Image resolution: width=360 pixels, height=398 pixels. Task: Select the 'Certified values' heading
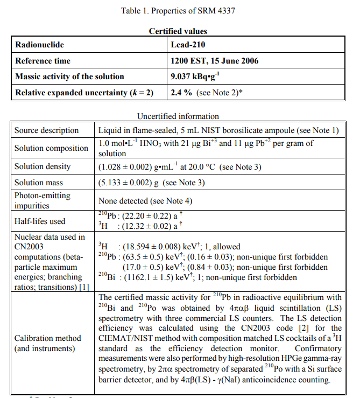click(x=178, y=31)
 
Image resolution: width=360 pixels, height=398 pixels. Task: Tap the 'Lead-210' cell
click(x=188, y=45)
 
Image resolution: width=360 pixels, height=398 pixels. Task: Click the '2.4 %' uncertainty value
click(x=181, y=93)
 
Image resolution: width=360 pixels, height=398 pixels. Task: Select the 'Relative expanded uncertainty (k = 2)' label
click(x=84, y=93)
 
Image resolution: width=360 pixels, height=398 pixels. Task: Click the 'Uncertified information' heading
click(x=178, y=116)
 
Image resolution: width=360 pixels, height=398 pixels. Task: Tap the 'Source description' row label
click(x=46, y=130)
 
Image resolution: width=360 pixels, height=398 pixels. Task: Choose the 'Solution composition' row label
click(x=51, y=148)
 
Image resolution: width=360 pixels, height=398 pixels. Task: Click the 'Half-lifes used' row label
click(x=39, y=221)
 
